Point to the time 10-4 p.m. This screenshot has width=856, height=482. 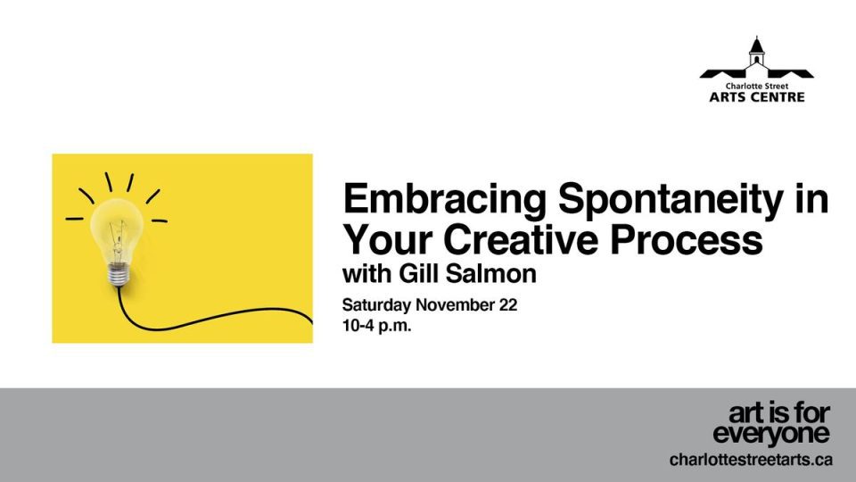377,326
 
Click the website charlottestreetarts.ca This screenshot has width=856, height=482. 751,461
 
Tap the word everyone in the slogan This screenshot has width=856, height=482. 771,435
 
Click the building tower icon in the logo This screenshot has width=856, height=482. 757,52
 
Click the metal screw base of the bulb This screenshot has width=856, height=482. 117,274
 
